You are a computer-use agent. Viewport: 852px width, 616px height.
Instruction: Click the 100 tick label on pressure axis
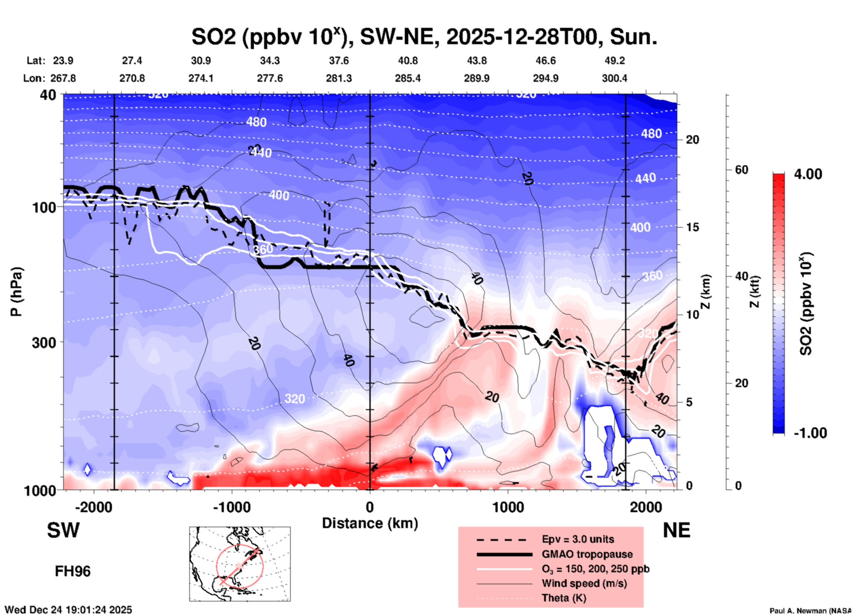(44, 207)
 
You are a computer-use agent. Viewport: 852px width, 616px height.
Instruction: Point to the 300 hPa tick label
(44, 342)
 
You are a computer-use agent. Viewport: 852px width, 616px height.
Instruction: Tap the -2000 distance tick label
(93, 507)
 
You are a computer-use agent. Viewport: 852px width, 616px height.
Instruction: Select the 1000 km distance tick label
(508, 507)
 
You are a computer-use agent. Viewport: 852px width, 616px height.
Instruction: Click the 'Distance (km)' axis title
(370, 523)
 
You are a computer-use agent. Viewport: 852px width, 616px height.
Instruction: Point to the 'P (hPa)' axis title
(16, 291)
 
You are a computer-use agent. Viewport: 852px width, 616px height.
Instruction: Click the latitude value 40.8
(407, 61)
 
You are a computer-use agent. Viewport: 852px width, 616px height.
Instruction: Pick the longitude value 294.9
(545, 78)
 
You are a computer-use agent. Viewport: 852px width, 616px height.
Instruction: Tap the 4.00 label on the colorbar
(808, 174)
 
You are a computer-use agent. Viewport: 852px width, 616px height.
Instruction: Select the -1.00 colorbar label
(810, 433)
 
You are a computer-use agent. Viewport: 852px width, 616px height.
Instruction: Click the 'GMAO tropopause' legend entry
(587, 554)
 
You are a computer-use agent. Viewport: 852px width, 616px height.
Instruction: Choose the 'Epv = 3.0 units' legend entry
(578, 539)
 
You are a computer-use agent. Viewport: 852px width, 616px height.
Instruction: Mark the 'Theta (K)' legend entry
(564, 598)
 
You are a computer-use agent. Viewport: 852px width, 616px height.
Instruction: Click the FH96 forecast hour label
(73, 571)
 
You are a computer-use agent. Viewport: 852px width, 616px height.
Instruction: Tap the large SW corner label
(63, 530)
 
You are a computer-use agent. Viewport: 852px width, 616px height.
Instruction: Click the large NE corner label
(676, 530)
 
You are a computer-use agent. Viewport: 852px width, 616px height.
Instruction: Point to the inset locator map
(240, 563)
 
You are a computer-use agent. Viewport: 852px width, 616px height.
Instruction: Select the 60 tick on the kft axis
(741, 170)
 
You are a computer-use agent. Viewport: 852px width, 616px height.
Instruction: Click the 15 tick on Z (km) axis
(692, 227)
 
